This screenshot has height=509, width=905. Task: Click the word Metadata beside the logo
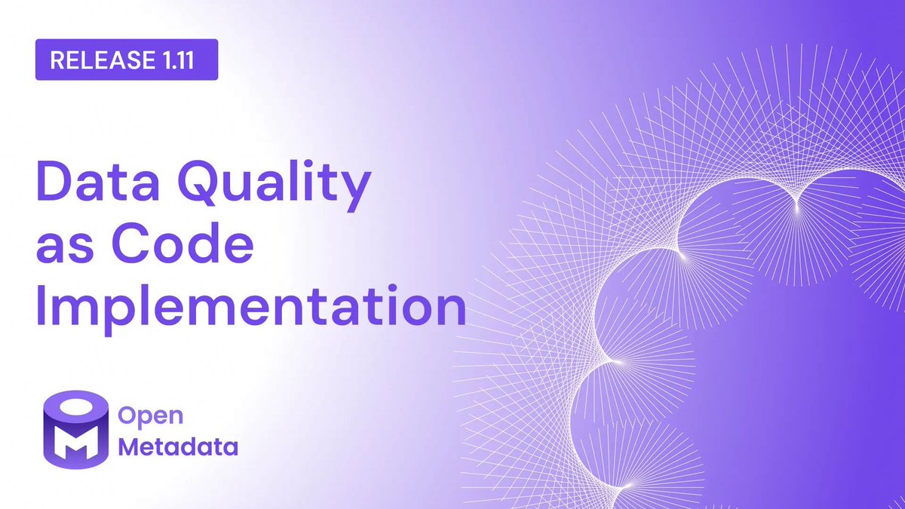(179, 447)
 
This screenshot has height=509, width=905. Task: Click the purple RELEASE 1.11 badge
(127, 60)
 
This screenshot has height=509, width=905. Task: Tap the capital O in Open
(130, 416)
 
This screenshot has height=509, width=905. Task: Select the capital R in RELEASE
(56, 60)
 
